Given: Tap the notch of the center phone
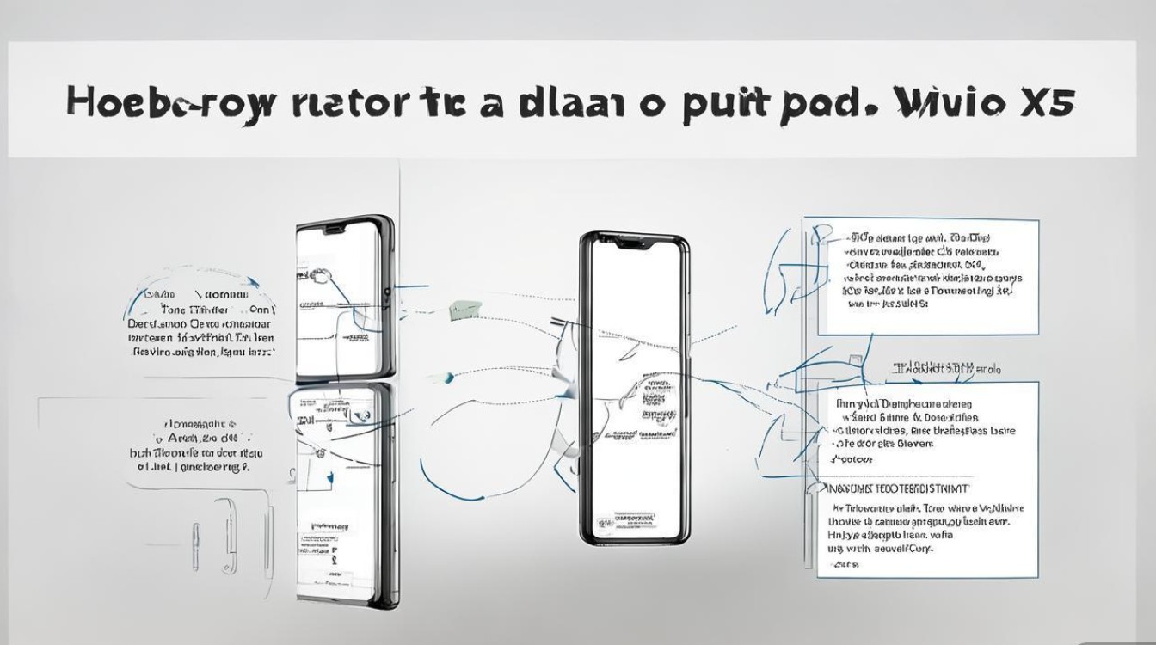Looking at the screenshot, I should point(634,243).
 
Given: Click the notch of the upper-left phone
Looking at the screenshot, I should point(337,230).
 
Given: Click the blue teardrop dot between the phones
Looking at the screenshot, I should point(447,377).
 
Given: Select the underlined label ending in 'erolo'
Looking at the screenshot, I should point(946,369).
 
